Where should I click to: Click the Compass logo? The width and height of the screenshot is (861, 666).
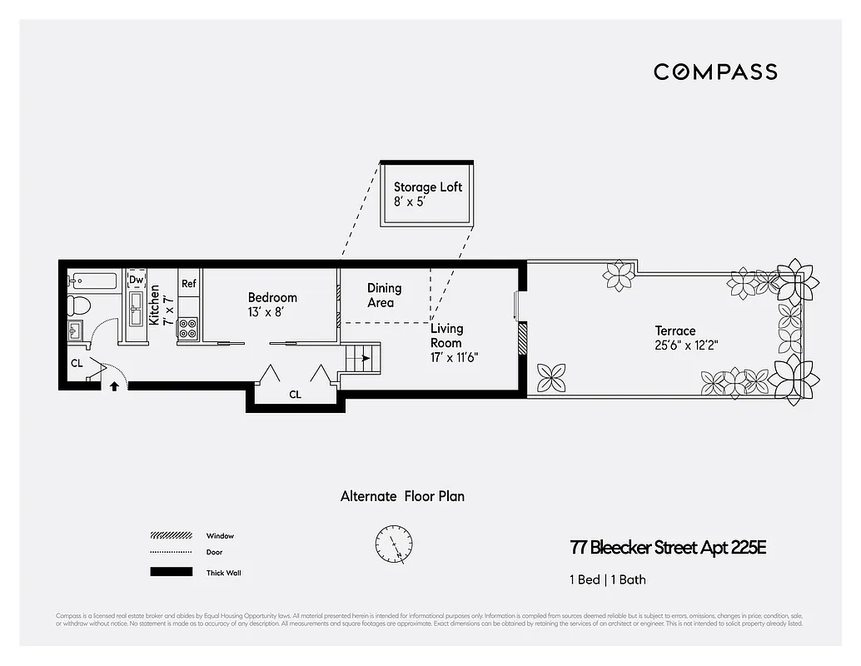[715, 72]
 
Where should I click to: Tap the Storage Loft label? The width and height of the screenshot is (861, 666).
[428, 187]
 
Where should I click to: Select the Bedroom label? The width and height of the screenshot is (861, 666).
[272, 298]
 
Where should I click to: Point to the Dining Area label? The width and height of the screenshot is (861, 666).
[384, 296]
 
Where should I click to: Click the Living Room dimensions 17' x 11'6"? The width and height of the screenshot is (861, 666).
[455, 357]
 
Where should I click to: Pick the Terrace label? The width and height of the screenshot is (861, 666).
[674, 331]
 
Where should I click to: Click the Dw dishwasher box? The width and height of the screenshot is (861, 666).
[136, 280]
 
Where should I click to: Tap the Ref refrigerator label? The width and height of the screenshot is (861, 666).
[189, 284]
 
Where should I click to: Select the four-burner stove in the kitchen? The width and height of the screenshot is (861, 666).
[188, 331]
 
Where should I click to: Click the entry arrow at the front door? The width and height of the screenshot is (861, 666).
[114, 385]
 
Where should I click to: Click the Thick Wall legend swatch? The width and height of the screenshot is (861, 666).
[171, 572]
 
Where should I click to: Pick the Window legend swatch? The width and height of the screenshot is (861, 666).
[171, 536]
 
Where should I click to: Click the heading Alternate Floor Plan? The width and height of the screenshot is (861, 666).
[402, 496]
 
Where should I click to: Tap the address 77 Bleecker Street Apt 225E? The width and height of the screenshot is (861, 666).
[668, 548]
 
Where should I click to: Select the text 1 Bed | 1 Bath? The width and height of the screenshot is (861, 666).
[608, 579]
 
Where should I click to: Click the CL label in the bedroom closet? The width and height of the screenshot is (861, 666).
[295, 395]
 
